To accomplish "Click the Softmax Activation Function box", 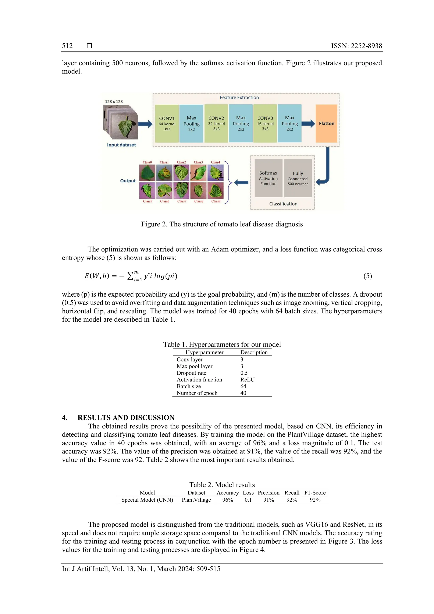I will tap(268, 178).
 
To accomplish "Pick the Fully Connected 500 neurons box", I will tap(298, 178).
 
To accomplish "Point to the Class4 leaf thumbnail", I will tap(215, 173).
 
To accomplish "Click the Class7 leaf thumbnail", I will tap(181, 190).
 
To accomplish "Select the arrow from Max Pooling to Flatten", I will tap(308, 124).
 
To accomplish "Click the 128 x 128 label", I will tap(114, 102).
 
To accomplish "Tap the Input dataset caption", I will tap(121, 145).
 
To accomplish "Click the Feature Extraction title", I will tap(239, 98).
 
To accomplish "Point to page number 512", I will tap(67, 46).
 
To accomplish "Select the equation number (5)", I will tap(367, 276).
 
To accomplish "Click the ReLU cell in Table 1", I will tap(248, 380).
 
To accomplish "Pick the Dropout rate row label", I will tap(191, 373).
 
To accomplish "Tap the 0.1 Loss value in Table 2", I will tap(248, 500).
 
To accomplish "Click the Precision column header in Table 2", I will tap(268, 493).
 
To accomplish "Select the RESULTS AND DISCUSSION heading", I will tap(126, 418).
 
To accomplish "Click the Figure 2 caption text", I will tap(222, 224).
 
